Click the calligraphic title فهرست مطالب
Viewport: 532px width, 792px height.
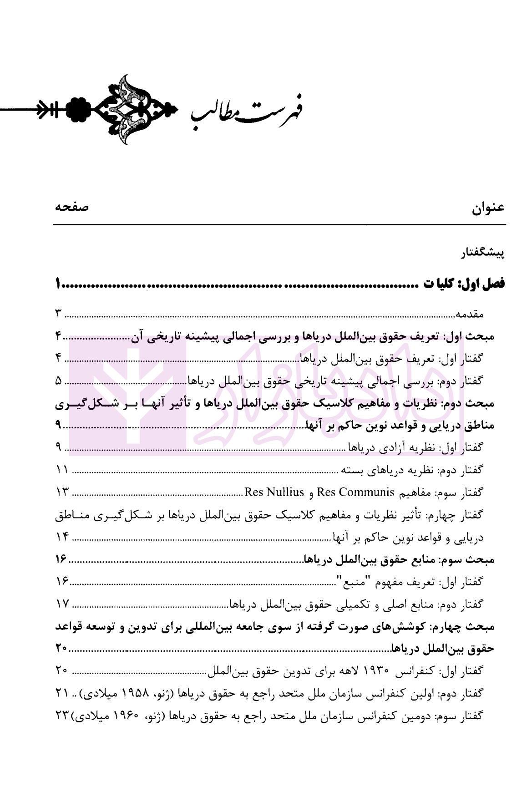248,110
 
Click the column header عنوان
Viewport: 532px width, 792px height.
488,208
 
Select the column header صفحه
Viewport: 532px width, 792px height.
72,208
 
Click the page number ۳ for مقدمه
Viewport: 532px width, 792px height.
59,314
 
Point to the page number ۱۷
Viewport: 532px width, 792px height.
62,604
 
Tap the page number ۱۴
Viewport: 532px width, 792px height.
62,537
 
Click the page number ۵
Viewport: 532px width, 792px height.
59,381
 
